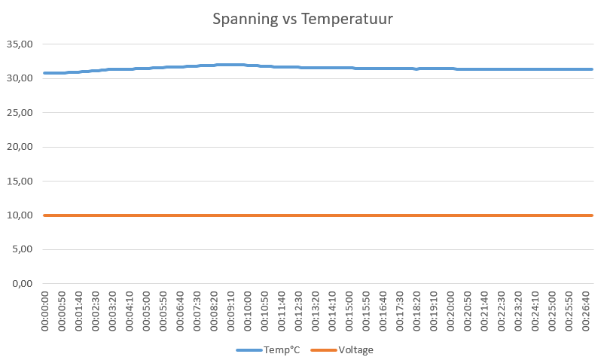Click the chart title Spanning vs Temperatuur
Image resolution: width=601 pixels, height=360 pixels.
coord(302,19)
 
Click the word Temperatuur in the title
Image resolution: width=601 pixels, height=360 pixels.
coord(347,19)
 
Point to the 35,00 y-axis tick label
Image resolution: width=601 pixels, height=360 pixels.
coord(19,44)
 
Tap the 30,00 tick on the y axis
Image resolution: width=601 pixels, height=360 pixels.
coord(19,78)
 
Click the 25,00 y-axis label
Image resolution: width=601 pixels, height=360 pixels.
coord(19,112)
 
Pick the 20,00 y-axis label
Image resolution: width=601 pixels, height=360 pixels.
coord(19,147)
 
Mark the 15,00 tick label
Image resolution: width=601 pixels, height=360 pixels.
coord(19,181)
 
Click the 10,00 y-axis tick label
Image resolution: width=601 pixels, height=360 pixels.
coord(19,215)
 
